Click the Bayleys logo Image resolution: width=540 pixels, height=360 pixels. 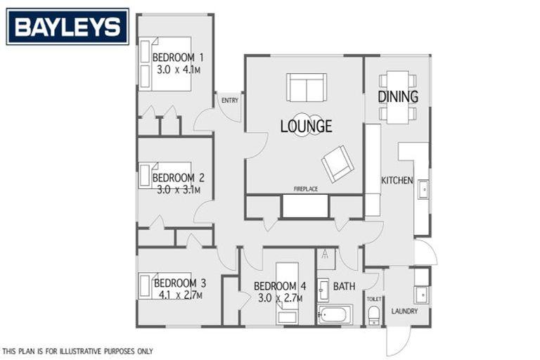(67, 27)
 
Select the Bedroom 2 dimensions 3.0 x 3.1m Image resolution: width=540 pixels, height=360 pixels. (178, 190)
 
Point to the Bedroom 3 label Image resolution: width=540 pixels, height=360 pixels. (180, 283)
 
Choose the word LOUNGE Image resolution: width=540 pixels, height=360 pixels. (306, 127)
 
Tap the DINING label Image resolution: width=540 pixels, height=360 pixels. (398, 96)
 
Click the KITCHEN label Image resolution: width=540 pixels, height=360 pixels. (397, 181)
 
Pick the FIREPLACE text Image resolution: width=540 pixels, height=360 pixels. (306, 189)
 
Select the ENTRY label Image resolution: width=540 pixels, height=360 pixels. (229, 101)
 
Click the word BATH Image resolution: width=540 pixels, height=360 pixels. (344, 286)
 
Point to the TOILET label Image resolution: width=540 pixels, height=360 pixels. (373, 299)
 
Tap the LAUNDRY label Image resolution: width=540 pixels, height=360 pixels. (404, 311)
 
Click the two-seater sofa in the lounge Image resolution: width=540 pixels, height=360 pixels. (307, 87)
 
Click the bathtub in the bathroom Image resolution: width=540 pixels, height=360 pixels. (334, 314)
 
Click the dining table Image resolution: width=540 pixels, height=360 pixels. (398, 96)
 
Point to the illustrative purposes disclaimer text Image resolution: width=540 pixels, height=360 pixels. (77, 351)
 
